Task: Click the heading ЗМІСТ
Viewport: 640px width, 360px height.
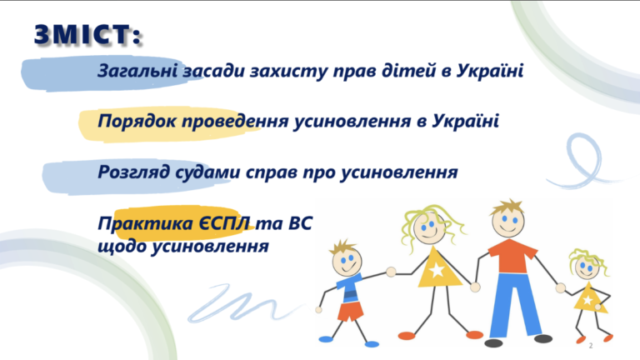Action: tap(87, 34)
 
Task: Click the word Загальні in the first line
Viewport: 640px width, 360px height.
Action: tap(137, 71)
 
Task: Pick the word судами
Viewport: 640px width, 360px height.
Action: tap(207, 172)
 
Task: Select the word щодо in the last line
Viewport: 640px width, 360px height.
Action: tap(122, 247)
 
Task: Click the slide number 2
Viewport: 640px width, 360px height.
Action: tap(591, 346)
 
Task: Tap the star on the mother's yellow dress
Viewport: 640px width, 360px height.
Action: tap(437, 270)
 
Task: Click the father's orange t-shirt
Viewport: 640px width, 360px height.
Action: tap(512, 256)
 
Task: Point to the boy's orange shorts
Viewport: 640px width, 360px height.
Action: tap(350, 311)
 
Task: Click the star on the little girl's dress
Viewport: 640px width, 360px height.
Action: tap(587, 301)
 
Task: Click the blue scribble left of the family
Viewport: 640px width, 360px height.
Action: tap(244, 302)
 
